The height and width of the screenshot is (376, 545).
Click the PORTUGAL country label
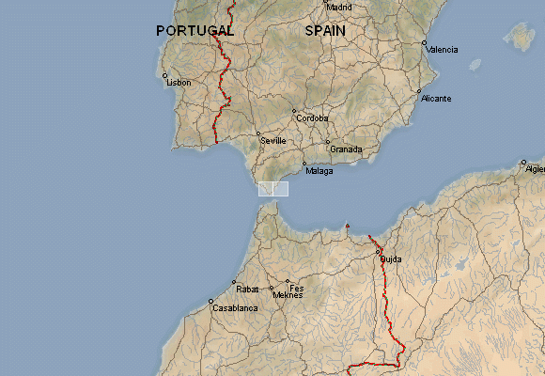[x=195, y=31]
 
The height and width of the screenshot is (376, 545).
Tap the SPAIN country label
[x=325, y=31]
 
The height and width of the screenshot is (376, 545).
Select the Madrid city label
[x=339, y=7]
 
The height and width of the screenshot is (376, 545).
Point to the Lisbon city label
[x=179, y=83]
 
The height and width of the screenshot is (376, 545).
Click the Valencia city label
[x=443, y=49]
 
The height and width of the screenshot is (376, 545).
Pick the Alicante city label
[x=436, y=99]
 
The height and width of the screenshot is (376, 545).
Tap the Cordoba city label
[x=312, y=118]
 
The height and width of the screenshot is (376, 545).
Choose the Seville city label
[x=272, y=141]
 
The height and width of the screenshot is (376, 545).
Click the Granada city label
[x=346, y=149]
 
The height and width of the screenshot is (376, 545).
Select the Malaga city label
[x=319, y=170]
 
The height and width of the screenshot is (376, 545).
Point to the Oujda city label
[x=390, y=258]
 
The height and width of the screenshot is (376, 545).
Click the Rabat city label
[x=247, y=289]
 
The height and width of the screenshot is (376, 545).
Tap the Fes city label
[x=297, y=288]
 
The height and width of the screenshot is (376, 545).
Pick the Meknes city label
[x=288, y=296]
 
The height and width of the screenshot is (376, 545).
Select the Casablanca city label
[x=235, y=308]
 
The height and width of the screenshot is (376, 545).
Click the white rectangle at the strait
[x=273, y=189]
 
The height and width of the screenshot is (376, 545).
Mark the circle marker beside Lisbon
[x=164, y=76]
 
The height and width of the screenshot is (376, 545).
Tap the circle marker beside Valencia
[x=424, y=43]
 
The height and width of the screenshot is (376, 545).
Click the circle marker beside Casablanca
[x=210, y=302]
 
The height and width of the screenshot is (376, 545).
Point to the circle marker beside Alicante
[x=419, y=92]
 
